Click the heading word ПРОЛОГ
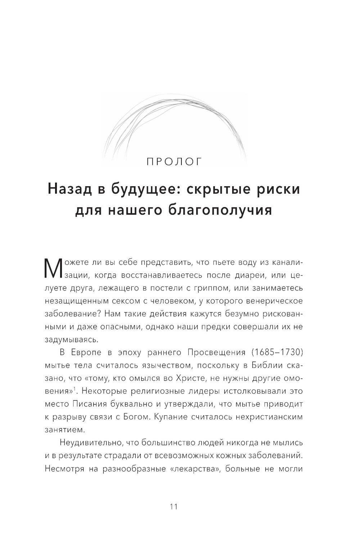175,161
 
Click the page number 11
174,506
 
